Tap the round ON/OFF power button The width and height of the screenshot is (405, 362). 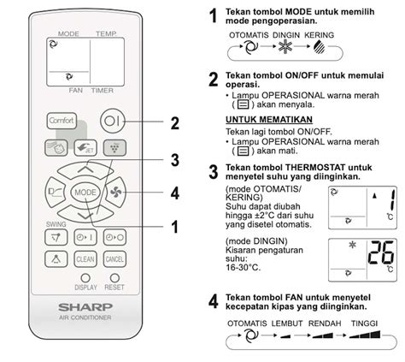coord(114,121)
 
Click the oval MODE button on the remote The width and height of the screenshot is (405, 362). coord(85,193)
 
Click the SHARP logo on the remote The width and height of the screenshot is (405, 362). coord(84,329)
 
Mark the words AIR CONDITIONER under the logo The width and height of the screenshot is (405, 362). coord(84,341)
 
